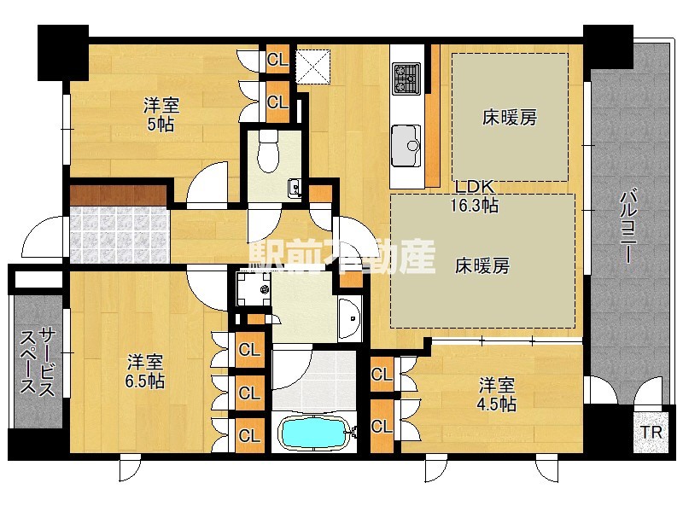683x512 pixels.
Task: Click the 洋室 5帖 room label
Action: point(161,115)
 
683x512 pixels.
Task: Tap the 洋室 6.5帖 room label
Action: point(146,371)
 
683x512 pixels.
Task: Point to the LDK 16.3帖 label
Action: point(475,196)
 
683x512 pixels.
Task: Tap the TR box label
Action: point(651,433)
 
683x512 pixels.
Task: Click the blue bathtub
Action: point(314,433)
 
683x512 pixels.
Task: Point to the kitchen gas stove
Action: point(404,79)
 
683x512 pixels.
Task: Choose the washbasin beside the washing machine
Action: point(349,319)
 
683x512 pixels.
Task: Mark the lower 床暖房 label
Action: point(482,265)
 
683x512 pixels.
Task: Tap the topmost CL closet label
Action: point(277,60)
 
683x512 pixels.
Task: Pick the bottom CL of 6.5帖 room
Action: point(249,436)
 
